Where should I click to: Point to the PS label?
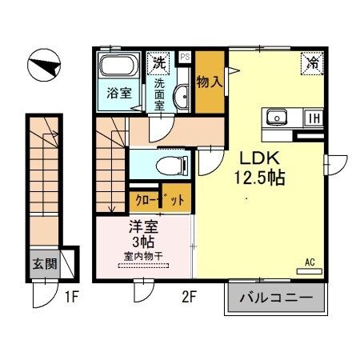click(184, 57)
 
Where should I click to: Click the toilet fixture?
click(170, 165)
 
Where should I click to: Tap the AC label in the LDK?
click(310, 260)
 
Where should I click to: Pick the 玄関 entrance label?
click(44, 262)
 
